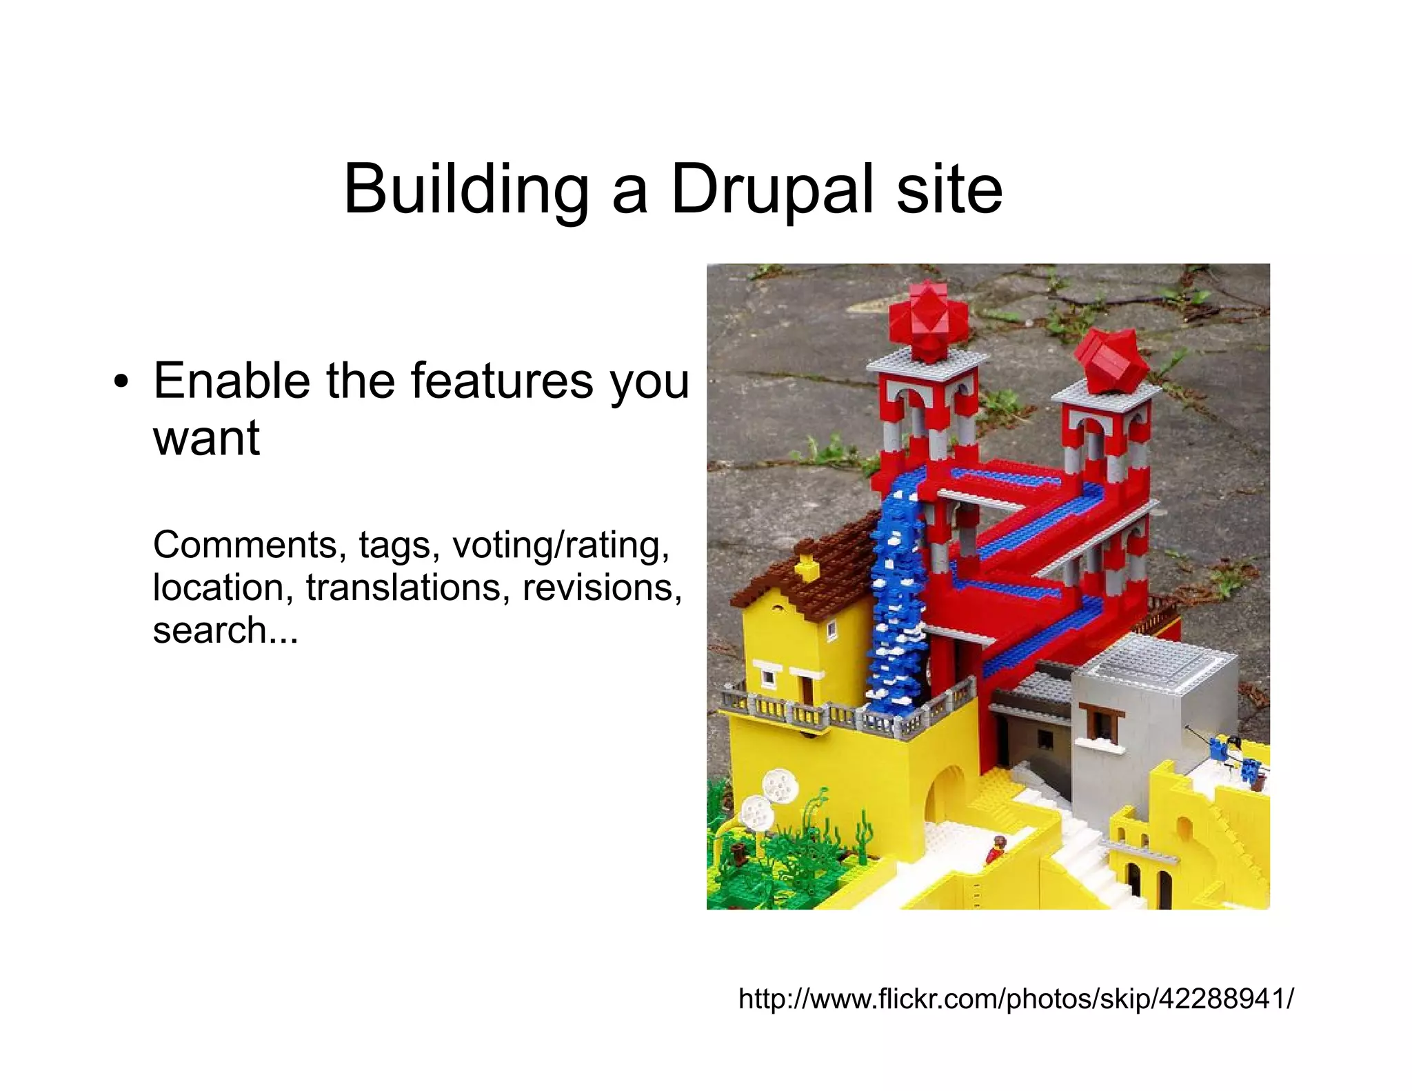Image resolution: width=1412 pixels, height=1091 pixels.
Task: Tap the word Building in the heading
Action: click(466, 190)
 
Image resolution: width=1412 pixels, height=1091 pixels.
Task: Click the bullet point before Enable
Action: click(121, 383)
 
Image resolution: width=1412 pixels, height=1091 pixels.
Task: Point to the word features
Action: click(502, 381)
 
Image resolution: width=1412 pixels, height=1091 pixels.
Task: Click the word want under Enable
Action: click(206, 438)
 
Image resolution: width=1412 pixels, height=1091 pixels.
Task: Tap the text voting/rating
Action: click(561, 545)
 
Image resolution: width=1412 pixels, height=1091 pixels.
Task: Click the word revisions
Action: click(602, 588)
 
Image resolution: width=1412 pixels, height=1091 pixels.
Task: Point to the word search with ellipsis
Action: click(225, 630)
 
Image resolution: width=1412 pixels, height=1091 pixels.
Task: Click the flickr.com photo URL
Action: click(1016, 998)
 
